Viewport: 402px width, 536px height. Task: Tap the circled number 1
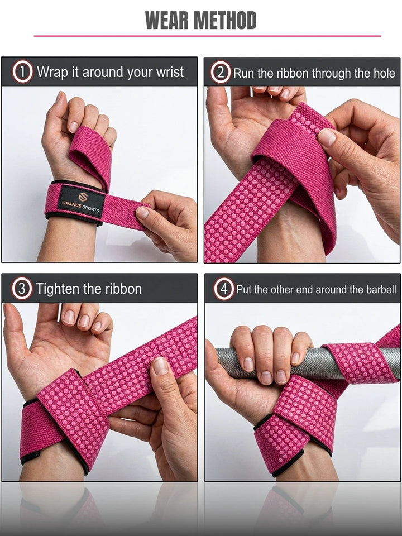pos(22,72)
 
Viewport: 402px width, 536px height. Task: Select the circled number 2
pos(221,72)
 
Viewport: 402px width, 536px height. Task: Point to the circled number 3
pos(22,289)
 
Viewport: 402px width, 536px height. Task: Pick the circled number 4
pos(224,289)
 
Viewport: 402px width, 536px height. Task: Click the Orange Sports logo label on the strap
pos(82,201)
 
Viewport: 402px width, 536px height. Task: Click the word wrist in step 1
pos(170,72)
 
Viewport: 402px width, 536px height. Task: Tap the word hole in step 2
pos(384,73)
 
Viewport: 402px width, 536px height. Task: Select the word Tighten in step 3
pos(58,289)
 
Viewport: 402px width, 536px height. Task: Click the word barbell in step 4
pos(381,290)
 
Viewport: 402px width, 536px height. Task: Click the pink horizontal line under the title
pos(208,36)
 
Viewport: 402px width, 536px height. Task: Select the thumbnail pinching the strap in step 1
pos(142,213)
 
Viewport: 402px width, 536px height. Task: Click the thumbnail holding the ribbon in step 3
pos(160,366)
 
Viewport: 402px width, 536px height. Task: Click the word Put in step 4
pos(245,290)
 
